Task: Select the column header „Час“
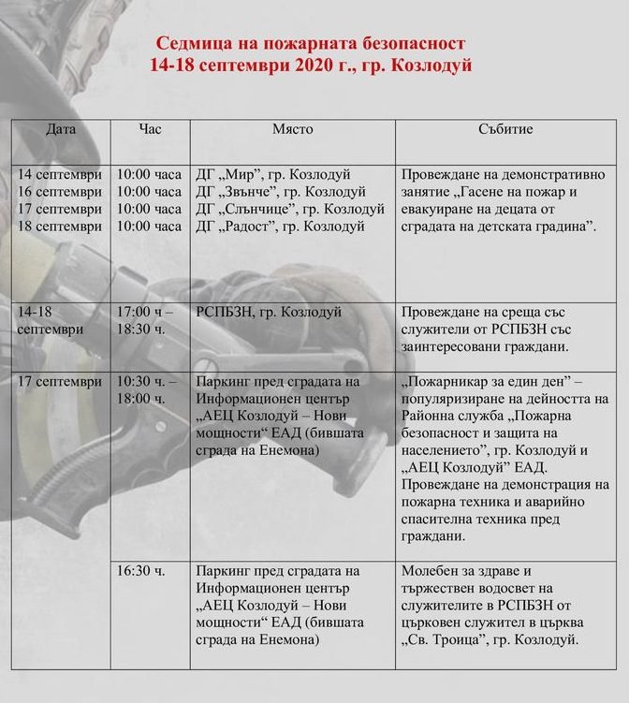click(x=150, y=128)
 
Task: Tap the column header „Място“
click(x=293, y=128)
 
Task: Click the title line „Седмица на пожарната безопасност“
click(x=310, y=44)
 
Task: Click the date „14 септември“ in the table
click(x=60, y=174)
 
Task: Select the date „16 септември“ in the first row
click(x=60, y=191)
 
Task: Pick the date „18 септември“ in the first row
click(x=60, y=226)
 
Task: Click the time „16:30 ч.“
click(x=140, y=570)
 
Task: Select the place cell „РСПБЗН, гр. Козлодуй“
click(x=269, y=312)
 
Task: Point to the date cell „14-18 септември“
click(x=51, y=320)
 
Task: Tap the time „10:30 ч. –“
click(x=147, y=382)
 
